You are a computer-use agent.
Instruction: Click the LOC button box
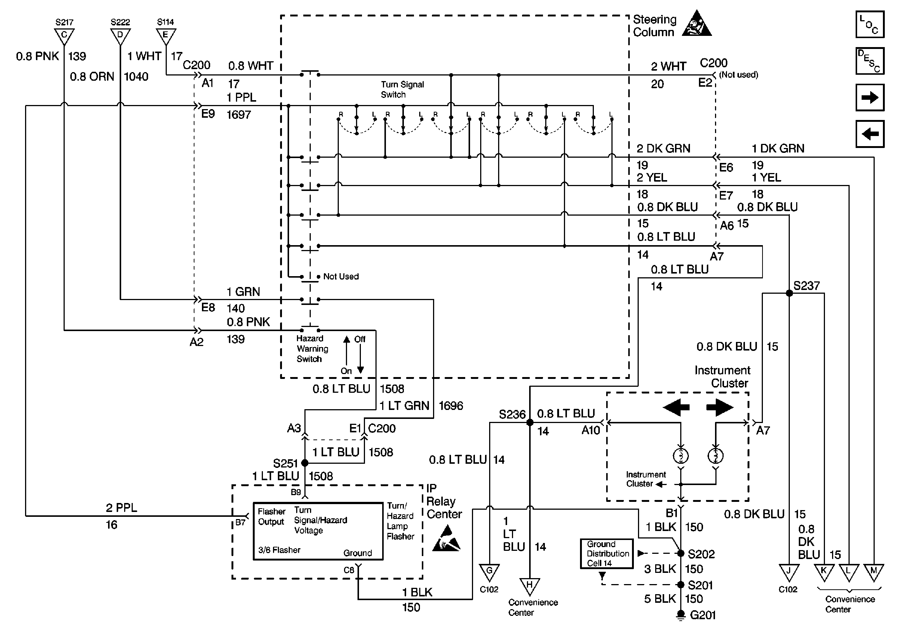[x=869, y=24]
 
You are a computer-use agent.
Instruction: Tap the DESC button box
[x=869, y=61]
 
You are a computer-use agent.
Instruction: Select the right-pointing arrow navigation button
[x=869, y=97]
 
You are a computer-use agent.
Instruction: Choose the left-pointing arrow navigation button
[x=869, y=134]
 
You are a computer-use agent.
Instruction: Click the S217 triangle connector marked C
[x=64, y=36]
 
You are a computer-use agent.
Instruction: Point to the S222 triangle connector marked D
[x=120, y=36]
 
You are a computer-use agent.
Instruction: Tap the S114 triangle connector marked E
[x=166, y=36]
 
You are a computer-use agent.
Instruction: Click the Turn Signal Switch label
[x=402, y=90]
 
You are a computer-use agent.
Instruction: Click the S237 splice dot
[x=789, y=293]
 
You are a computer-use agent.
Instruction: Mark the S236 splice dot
[x=530, y=423]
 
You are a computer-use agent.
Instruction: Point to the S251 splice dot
[x=304, y=463]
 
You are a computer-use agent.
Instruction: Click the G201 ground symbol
[x=680, y=615]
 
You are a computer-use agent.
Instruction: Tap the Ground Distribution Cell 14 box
[x=606, y=553]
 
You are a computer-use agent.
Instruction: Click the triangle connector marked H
[x=530, y=586]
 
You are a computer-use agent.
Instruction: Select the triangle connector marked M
[x=874, y=572]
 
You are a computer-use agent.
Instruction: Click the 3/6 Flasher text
[x=279, y=550]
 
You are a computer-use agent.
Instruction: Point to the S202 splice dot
[x=681, y=553]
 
